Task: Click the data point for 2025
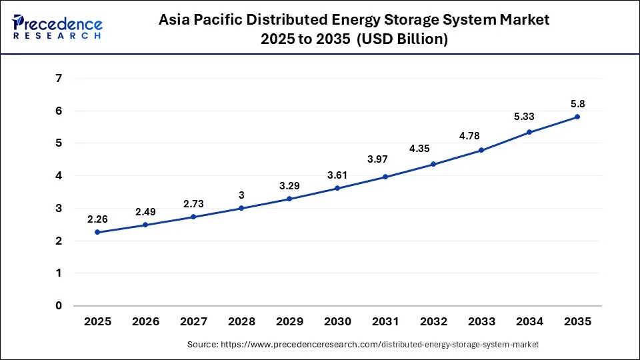pyautogui.click(x=97, y=232)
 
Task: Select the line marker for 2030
pyautogui.click(x=337, y=188)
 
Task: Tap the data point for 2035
pyautogui.click(x=577, y=117)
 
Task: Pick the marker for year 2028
pyautogui.click(x=241, y=208)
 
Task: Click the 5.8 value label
pyautogui.click(x=577, y=103)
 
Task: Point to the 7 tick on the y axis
pyautogui.click(x=59, y=78)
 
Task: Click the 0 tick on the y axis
pyautogui.click(x=59, y=306)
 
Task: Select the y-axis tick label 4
pyautogui.click(x=59, y=176)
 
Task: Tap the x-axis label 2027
pyautogui.click(x=193, y=321)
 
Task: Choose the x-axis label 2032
pyautogui.click(x=433, y=321)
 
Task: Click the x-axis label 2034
pyautogui.click(x=529, y=321)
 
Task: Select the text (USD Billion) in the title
pyautogui.click(x=402, y=39)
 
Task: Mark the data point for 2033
pyautogui.click(x=481, y=150)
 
